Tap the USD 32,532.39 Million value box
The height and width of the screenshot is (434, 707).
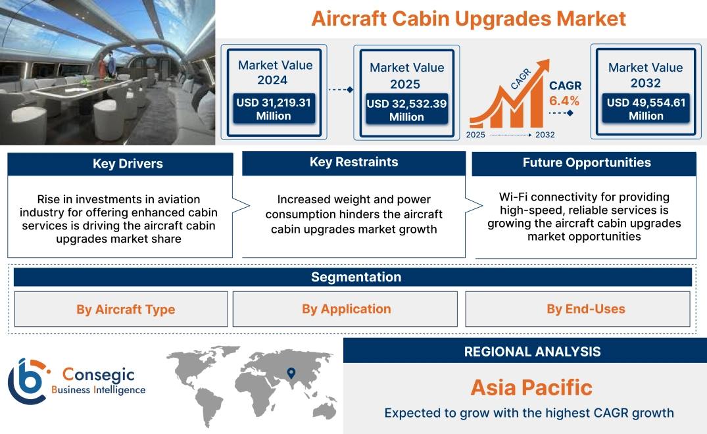tap(406, 110)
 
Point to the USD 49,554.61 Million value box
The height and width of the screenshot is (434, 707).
tap(646, 109)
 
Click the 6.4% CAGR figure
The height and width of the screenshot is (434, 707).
tap(564, 101)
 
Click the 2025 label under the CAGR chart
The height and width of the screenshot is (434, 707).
tap(476, 135)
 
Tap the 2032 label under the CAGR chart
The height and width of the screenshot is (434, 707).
tap(545, 135)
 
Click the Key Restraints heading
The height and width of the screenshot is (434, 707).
tap(354, 162)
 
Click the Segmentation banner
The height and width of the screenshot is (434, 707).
tap(356, 277)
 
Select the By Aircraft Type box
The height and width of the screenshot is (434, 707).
tap(126, 309)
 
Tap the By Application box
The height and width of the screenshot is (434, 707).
tap(346, 308)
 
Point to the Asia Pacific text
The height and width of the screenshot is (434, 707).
tap(531, 387)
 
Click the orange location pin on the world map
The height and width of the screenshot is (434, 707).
tap(290, 374)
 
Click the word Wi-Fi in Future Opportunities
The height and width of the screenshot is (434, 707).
tap(513, 197)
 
